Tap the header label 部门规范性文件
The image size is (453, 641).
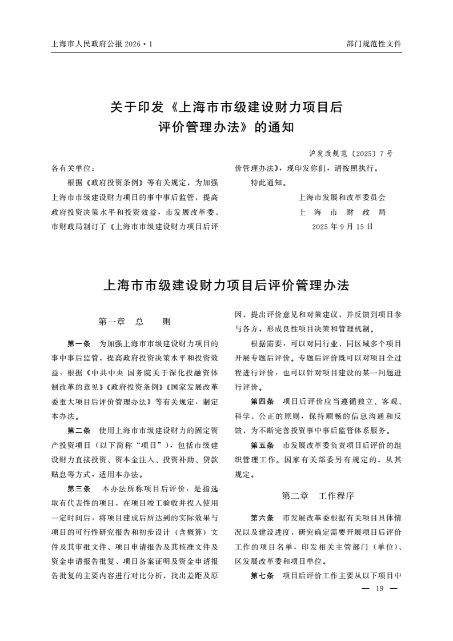coord(374,43)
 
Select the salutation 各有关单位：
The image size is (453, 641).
coord(73,169)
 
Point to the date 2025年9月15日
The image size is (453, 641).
coord(342,226)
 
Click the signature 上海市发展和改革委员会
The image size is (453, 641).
coord(342,198)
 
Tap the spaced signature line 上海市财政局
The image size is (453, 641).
coord(342,212)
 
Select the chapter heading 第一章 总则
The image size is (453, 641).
coord(134,322)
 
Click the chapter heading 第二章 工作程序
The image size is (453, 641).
coord(318,495)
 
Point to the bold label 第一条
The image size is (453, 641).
coord(79,344)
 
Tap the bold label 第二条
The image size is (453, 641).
coord(79,430)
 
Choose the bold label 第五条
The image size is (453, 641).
coord(262,445)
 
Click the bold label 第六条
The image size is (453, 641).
coord(262,518)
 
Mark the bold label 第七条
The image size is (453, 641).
coord(262,575)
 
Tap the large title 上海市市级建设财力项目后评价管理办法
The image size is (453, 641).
coord(226,286)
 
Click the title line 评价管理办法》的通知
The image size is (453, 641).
coord(226,127)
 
